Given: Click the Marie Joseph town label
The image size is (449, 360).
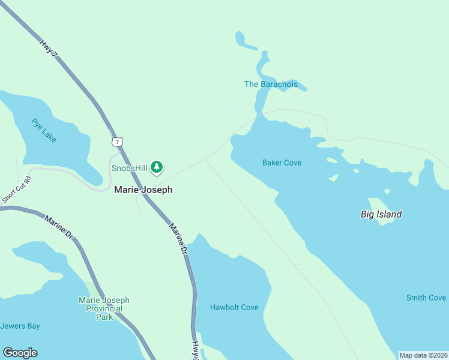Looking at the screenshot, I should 143,190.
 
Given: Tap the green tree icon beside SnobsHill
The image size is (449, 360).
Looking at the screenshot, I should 157,167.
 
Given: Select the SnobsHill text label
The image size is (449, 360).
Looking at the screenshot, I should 129,168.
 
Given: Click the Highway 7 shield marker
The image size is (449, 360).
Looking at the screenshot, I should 118,142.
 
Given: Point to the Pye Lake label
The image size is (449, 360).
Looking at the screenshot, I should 44,130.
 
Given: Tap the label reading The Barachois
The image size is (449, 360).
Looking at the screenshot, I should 271,84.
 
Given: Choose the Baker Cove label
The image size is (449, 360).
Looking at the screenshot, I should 282,163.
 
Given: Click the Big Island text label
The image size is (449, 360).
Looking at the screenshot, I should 381,214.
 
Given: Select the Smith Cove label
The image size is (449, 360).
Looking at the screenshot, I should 426,298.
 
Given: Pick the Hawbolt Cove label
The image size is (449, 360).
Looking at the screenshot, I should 234,307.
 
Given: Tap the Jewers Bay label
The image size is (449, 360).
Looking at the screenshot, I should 20,326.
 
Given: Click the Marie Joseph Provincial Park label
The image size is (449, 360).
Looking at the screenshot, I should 104,308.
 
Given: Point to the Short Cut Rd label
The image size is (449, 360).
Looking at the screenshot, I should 16,190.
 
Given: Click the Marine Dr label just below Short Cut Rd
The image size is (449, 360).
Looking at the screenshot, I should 58,225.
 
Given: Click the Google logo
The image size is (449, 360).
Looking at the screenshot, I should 20,353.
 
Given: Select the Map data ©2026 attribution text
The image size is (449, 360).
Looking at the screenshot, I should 423,355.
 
